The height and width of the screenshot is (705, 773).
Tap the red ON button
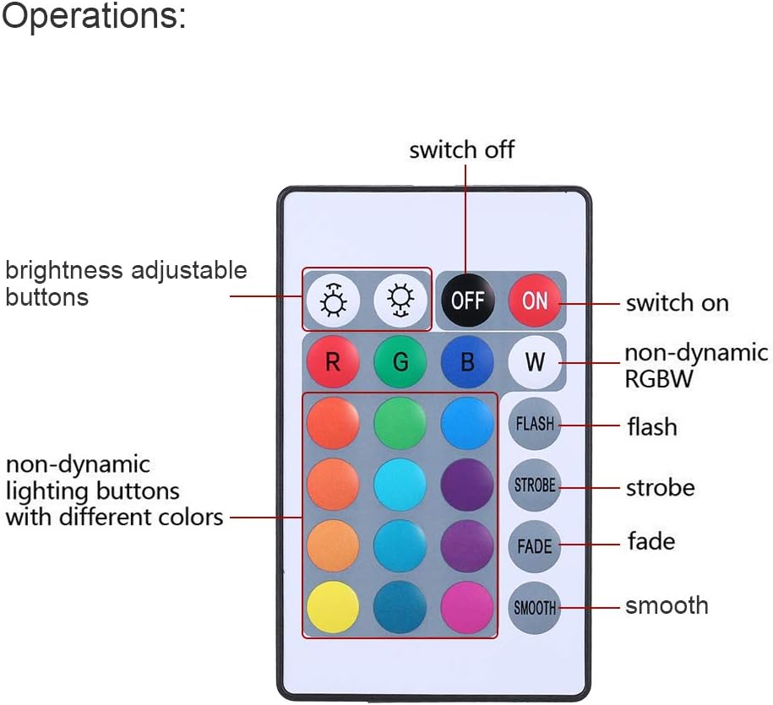pyautogui.click(x=535, y=300)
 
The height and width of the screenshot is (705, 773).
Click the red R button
pyautogui.click(x=332, y=362)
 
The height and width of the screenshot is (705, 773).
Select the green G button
pyautogui.click(x=400, y=362)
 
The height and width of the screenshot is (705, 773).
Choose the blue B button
pyautogui.click(x=467, y=362)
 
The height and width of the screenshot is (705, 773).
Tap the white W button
pyautogui.click(x=535, y=362)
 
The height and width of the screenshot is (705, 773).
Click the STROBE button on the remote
pyautogui.click(x=535, y=485)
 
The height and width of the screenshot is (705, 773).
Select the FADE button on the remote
pyautogui.click(x=535, y=546)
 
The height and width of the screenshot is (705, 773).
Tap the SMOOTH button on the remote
pyautogui.click(x=535, y=607)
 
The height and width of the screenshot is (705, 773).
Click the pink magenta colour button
pyautogui.click(x=467, y=607)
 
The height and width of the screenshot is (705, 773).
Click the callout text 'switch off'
pyautogui.click(x=461, y=150)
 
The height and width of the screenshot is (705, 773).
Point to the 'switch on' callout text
pyautogui.click(x=677, y=303)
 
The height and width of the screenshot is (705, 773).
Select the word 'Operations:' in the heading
pyautogui.click(x=94, y=17)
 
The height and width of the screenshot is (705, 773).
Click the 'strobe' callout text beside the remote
pyautogui.click(x=660, y=488)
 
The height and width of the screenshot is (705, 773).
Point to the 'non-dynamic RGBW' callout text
pyautogui.click(x=696, y=366)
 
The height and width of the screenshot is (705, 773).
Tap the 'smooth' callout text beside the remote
pyautogui.click(x=667, y=605)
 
